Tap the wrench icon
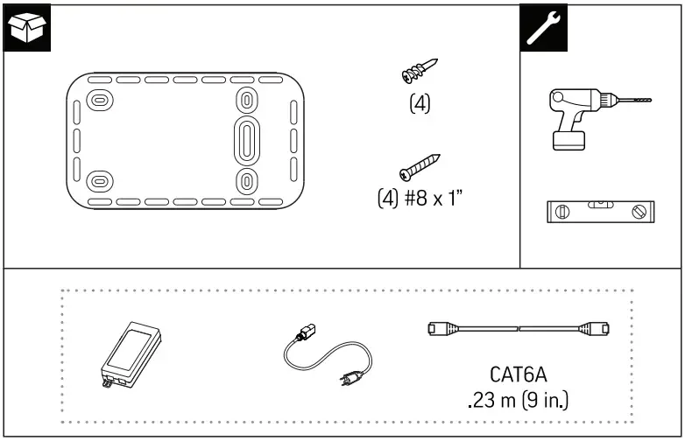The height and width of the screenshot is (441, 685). pos(543,27)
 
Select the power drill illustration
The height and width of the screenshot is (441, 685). pos(583,119)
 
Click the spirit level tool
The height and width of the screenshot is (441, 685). pos(599,212)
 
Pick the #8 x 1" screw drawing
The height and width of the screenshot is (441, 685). pos(418,165)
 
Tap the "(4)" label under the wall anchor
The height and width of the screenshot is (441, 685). pos(420,103)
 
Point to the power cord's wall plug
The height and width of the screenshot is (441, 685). pos(348,381)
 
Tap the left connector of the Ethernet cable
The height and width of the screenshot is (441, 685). pos(435,330)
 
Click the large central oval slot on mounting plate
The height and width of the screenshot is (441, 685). pos(247,139)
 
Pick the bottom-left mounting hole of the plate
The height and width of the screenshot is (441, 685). pos(100,182)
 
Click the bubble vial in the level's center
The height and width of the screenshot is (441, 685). pos(600,207)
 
